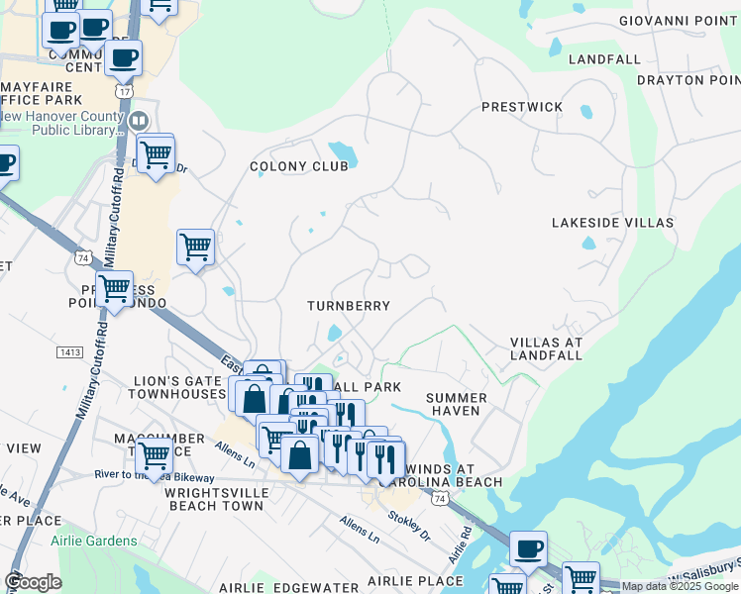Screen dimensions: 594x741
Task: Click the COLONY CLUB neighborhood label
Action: [x=298, y=166]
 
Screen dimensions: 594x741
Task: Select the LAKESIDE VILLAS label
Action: [x=612, y=223]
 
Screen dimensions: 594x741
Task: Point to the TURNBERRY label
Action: [x=349, y=306]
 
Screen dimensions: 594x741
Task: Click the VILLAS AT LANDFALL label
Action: [x=546, y=348]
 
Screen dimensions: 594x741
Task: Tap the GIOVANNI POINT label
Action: [x=679, y=21]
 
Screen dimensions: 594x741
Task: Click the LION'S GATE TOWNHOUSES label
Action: [x=180, y=387]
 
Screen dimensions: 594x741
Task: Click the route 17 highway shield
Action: [x=124, y=90]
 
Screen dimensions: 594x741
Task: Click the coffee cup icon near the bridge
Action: [x=528, y=547]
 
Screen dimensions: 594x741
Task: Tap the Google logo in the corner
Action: [x=33, y=582]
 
